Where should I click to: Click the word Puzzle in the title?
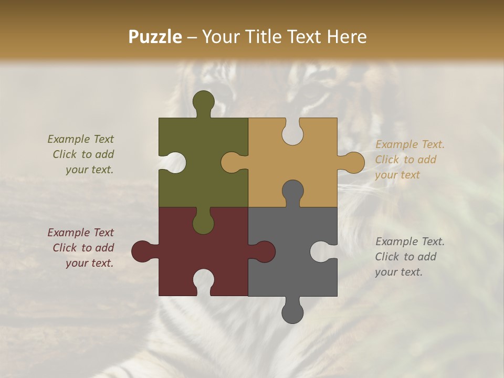click(x=155, y=37)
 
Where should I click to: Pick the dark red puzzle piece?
click(x=173, y=247)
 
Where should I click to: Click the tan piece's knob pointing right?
click(x=353, y=162)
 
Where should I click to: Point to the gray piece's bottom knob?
click(x=292, y=312)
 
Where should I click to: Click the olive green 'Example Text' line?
click(x=81, y=139)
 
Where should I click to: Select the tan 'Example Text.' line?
click(x=410, y=144)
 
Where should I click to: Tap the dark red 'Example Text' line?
click(x=81, y=233)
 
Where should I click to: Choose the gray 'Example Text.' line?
click(x=410, y=241)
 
